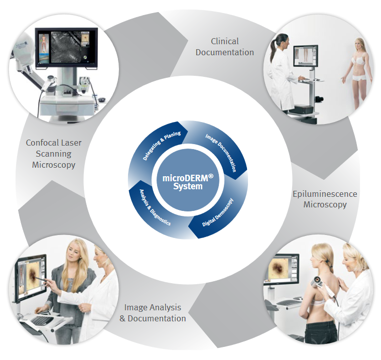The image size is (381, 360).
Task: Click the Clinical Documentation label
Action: pos(225,47)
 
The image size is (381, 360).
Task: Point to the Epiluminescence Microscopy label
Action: pos(325,199)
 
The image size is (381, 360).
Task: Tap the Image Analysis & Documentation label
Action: pos(153,313)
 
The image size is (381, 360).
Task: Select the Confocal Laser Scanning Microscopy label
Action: pos(54,154)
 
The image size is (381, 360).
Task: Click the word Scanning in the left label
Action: pos(54,154)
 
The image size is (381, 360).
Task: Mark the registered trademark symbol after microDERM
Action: pos(211,176)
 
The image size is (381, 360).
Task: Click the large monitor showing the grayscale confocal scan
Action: pos(66,48)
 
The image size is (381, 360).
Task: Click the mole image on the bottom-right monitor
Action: pos(278,268)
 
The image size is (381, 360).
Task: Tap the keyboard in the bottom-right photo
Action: pos(289,303)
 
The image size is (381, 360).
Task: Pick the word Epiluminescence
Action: pos(325,194)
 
